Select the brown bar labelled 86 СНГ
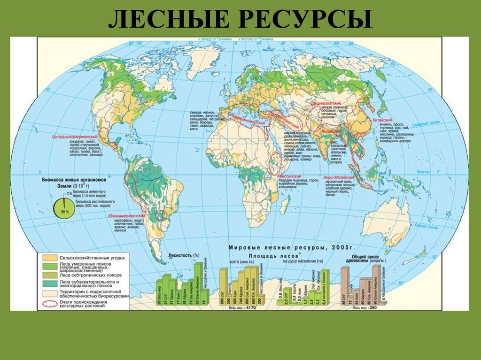pyautogui.click(x=345, y=286)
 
